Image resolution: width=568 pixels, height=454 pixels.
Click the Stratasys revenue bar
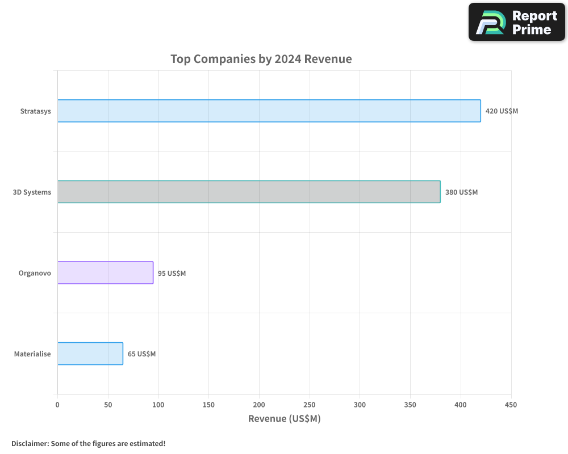pos(269,111)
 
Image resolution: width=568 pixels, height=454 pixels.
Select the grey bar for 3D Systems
pos(249,192)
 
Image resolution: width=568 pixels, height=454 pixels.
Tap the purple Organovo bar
pos(105,272)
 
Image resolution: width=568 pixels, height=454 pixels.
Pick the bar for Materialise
pos(90,354)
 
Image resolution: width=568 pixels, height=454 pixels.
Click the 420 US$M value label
pos(502,111)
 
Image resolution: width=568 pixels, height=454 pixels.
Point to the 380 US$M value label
pos(461,192)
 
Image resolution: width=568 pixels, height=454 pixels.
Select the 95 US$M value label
pos(172,273)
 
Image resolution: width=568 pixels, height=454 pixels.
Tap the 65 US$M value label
pos(141,354)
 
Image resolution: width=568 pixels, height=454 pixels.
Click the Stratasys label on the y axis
pos(35,111)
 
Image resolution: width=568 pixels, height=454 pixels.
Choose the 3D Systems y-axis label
pos(32,192)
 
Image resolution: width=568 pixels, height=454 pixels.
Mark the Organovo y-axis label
pos(35,273)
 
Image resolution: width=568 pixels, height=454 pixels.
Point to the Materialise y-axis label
pos(32,354)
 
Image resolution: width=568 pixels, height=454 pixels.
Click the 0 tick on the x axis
pos(57,405)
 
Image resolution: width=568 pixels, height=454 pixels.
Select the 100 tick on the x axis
pos(158,405)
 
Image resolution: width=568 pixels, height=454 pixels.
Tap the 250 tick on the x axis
pos(310,405)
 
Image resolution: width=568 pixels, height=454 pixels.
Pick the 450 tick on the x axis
pos(511,405)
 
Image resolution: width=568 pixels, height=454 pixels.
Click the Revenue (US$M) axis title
pos(284,419)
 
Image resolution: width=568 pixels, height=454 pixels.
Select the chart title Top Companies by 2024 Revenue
pos(261,59)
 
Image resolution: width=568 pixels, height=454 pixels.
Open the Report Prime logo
pos(517,22)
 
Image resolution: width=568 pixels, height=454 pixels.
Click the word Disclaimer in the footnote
pos(30,443)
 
